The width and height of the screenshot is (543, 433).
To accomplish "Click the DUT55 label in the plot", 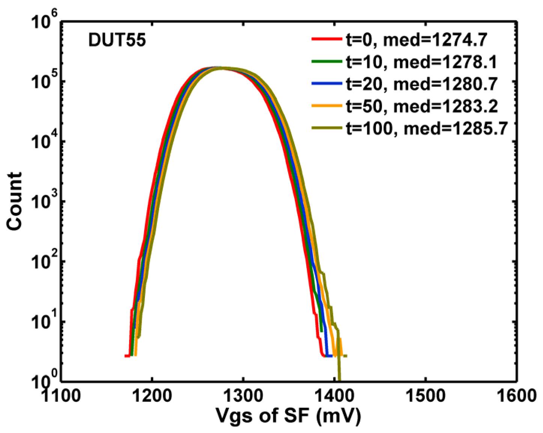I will [x=117, y=40].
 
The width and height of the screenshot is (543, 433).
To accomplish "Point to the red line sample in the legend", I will [x=326, y=39].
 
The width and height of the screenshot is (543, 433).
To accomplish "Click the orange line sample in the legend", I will [x=326, y=106].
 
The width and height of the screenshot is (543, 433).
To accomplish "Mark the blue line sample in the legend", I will [x=326, y=83].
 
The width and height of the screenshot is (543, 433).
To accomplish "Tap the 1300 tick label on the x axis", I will [x=243, y=395].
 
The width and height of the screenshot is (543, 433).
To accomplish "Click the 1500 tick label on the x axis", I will [x=425, y=395].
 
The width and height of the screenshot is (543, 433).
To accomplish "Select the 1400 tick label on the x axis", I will [x=334, y=395].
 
